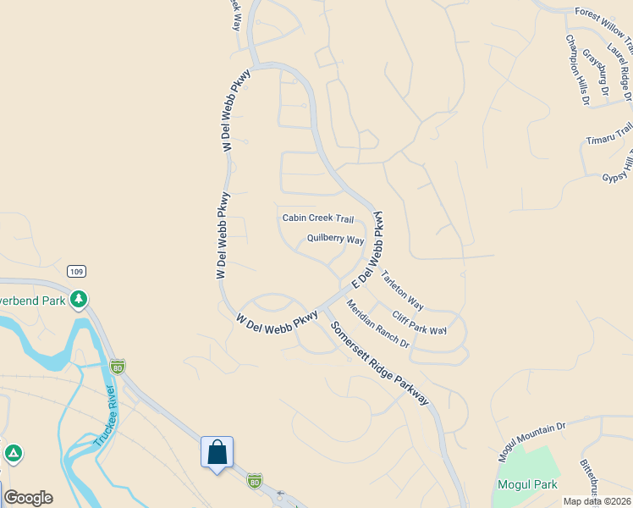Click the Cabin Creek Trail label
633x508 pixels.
pyautogui.click(x=317, y=218)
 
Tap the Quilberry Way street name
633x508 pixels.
pyautogui.click(x=335, y=240)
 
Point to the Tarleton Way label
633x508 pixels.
pyautogui.click(x=402, y=290)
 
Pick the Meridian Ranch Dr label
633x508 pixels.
pyautogui.click(x=377, y=326)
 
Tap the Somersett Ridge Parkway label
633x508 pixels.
pyautogui.click(x=379, y=362)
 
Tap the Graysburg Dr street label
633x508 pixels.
pyautogui.click(x=596, y=72)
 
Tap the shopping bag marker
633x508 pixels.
pyautogui.click(x=217, y=451)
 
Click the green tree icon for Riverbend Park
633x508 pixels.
pyautogui.click(x=79, y=298)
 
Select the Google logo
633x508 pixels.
pyautogui.click(x=27, y=498)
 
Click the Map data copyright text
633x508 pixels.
pyautogui.click(x=597, y=501)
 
